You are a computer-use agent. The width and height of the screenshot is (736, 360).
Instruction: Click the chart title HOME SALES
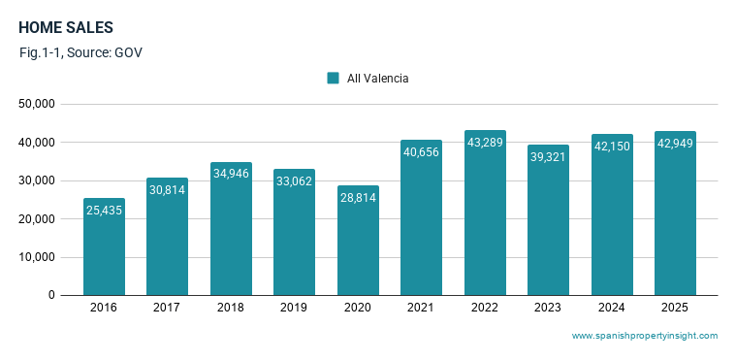pyautogui.click(x=66, y=28)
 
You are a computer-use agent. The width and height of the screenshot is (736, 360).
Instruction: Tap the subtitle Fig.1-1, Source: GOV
pyautogui.click(x=80, y=52)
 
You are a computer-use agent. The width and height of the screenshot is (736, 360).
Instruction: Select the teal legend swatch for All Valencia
pyautogui.click(x=333, y=78)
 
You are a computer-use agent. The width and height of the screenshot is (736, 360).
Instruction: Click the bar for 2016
pyautogui.click(x=104, y=246)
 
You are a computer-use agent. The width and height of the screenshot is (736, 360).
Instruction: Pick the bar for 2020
pyautogui.click(x=358, y=240)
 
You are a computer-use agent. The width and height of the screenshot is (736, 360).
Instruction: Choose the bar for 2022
pyautogui.click(x=485, y=213)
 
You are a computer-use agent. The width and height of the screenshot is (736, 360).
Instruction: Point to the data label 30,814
pyautogui.click(x=167, y=190)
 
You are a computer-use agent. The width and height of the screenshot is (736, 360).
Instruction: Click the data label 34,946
pyautogui.click(x=231, y=174)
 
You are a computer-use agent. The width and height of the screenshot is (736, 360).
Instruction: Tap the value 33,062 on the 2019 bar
pyautogui.click(x=295, y=180)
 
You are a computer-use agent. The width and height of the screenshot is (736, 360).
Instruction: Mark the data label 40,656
pyautogui.click(x=421, y=151)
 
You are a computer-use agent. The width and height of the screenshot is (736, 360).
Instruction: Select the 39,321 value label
pyautogui.click(x=548, y=157)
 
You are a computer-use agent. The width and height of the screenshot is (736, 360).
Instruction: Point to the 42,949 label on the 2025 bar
pyautogui.click(x=675, y=144)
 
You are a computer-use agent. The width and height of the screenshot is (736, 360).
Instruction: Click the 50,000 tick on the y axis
pyautogui.click(x=37, y=104)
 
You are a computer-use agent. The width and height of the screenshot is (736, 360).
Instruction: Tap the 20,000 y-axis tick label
pyautogui.click(x=37, y=219)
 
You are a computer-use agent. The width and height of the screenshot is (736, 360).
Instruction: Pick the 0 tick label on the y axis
pyautogui.click(x=51, y=296)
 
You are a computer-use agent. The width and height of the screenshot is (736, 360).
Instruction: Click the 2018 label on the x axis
pyautogui.click(x=231, y=308)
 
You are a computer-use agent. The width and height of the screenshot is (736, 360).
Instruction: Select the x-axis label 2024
pyautogui.click(x=612, y=308)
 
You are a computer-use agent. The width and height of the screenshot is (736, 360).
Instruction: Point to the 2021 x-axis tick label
pyautogui.click(x=421, y=308)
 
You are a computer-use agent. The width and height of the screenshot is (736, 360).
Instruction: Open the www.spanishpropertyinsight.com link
pyautogui.click(x=645, y=336)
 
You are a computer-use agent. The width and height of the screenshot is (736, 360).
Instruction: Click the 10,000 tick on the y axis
pyautogui.click(x=37, y=257)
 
